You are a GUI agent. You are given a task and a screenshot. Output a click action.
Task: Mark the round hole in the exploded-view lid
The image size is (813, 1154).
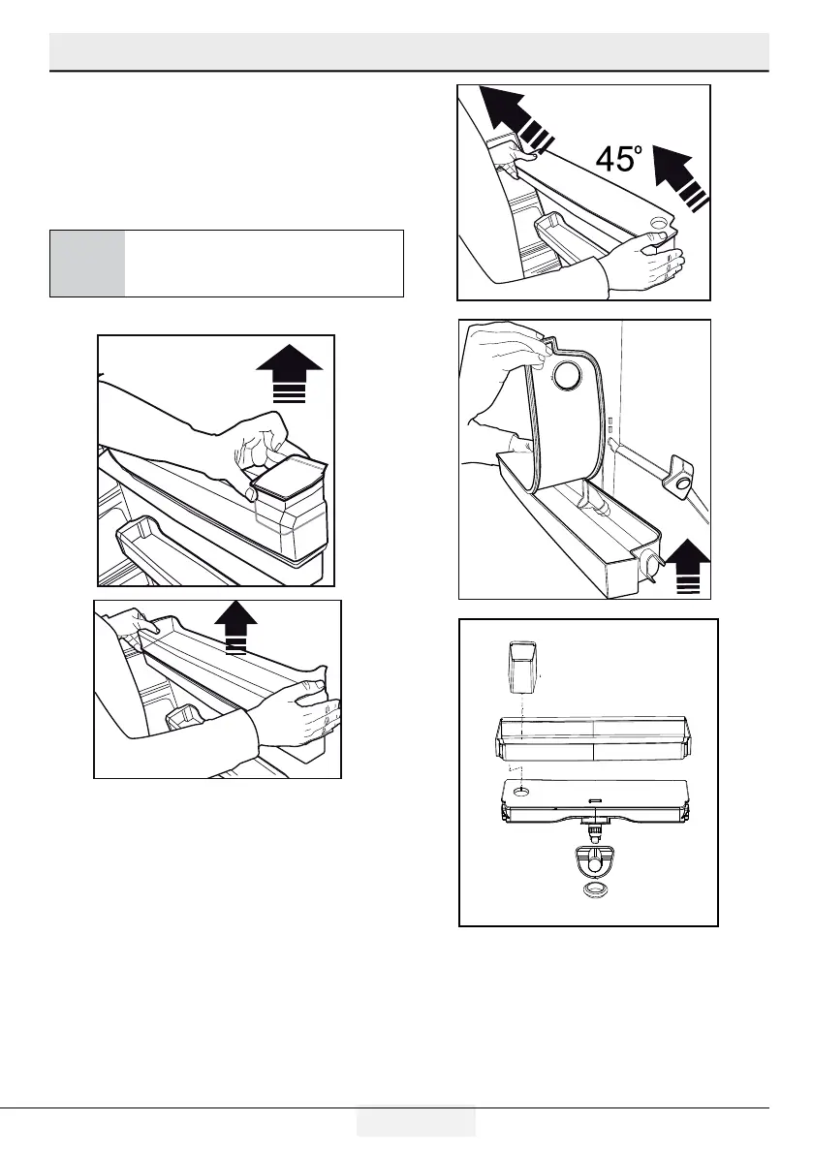(x=521, y=790)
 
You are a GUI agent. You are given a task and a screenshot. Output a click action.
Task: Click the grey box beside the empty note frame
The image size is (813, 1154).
(x=87, y=263)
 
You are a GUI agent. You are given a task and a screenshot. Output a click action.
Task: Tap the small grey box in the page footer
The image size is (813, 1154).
(x=416, y=1122)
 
